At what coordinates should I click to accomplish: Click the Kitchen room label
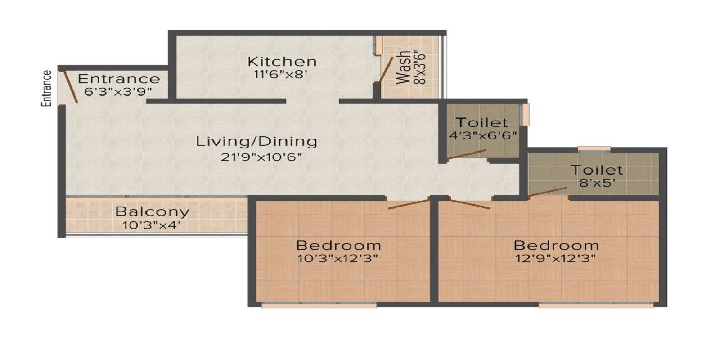(x=282, y=61)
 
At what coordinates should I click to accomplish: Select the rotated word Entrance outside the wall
(x=46, y=88)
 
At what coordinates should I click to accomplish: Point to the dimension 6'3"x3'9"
(x=118, y=91)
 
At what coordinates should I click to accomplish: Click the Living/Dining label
(x=256, y=141)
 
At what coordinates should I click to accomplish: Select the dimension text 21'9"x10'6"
(x=261, y=157)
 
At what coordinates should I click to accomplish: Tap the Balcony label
(x=152, y=211)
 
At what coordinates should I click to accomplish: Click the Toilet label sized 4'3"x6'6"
(x=482, y=122)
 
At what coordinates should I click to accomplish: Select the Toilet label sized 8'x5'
(x=597, y=170)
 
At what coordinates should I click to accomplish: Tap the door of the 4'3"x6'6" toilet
(x=466, y=154)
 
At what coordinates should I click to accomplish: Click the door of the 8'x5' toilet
(x=547, y=193)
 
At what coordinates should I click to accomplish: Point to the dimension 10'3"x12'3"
(x=337, y=259)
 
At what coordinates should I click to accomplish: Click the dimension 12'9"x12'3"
(x=556, y=259)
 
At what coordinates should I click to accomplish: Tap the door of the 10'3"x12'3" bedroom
(x=409, y=204)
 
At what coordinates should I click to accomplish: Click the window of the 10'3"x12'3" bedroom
(x=319, y=305)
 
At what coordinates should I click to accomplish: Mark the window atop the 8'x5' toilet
(x=594, y=149)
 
